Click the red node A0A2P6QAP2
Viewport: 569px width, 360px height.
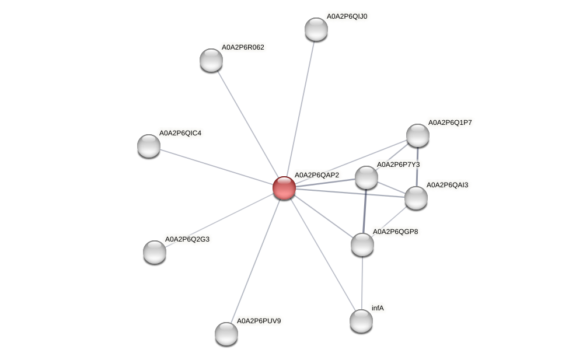[x=284, y=188]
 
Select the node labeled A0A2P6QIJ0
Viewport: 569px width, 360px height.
[x=316, y=29]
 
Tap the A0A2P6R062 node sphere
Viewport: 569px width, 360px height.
[x=211, y=60]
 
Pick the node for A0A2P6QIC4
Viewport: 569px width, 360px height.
[x=149, y=145]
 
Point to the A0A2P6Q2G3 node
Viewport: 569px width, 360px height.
[x=155, y=251]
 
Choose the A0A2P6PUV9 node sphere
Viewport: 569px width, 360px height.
[x=226, y=333]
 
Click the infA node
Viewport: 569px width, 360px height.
[x=361, y=320]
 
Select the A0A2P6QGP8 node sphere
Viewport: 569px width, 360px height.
[x=362, y=244]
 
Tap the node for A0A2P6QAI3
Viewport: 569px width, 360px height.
[x=416, y=197]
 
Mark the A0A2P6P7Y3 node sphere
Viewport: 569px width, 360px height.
[x=366, y=177]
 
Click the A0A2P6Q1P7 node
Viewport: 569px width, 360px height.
[x=418, y=135]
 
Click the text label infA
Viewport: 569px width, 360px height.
[x=378, y=307]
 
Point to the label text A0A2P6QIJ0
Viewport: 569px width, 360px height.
[x=347, y=16]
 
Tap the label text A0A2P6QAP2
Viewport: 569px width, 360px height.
[x=316, y=175]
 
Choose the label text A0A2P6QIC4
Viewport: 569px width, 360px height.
[x=180, y=133]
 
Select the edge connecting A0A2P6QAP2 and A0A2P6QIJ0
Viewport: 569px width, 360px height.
[x=300, y=109]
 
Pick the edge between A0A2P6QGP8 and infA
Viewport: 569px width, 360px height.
[x=362, y=282]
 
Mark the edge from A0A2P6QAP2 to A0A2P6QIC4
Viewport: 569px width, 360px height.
[x=217, y=167]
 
